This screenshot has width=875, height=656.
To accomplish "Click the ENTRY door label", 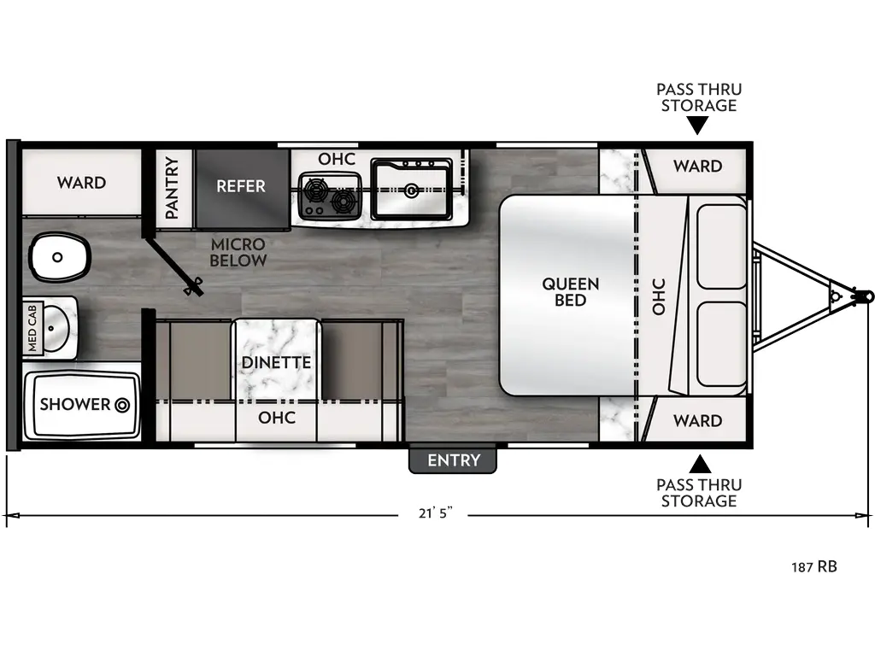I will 454,460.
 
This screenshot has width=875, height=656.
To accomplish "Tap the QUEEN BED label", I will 570,291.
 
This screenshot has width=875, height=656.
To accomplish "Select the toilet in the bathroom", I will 59,256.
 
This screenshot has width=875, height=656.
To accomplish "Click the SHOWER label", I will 75,404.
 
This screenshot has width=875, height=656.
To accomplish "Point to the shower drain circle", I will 122,404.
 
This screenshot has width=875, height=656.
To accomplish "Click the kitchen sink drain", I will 411,190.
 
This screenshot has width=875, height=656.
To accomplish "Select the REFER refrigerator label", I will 240,186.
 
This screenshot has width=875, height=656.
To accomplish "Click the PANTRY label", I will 172,187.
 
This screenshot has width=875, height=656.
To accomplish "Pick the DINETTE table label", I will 276,362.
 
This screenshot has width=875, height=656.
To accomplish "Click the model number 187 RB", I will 813,565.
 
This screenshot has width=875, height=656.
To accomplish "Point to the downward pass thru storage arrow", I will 698,126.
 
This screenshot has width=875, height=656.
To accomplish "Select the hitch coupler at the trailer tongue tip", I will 864,296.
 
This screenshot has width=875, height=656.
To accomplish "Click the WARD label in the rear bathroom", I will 82,182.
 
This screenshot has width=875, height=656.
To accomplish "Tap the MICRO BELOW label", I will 238,252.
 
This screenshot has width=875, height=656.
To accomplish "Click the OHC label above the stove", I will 337,160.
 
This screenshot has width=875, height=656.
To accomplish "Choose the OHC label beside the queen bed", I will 659,296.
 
